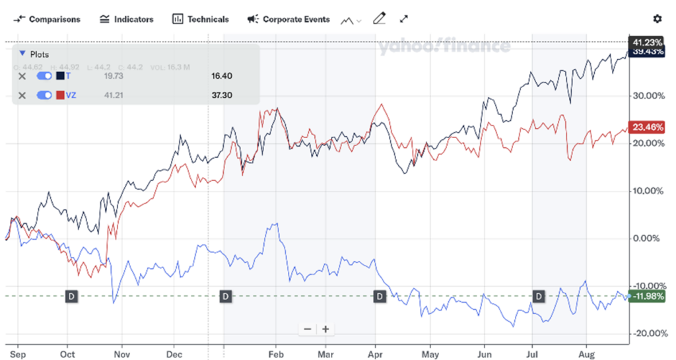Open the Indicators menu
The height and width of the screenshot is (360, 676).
[x=127, y=19]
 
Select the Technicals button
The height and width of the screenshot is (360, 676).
[x=201, y=19]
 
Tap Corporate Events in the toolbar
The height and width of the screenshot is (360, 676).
[x=288, y=19]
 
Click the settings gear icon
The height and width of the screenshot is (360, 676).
[x=657, y=19]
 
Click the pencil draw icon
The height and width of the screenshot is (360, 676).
[x=379, y=18]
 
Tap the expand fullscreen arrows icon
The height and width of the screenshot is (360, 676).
[x=404, y=18]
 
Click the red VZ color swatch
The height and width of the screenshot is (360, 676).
[x=60, y=95]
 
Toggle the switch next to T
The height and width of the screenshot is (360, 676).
[x=44, y=76]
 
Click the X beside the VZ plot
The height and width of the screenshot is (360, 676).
[x=22, y=95]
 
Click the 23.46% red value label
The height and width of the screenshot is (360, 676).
[x=647, y=127]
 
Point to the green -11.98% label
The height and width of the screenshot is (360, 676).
[x=647, y=296]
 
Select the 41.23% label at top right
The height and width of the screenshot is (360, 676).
[x=647, y=42]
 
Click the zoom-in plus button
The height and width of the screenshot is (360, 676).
[x=325, y=329]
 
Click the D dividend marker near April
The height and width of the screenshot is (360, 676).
[x=380, y=297]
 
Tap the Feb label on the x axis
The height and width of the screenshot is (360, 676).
[x=276, y=354]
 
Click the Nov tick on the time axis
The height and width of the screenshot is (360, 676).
[x=120, y=354]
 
